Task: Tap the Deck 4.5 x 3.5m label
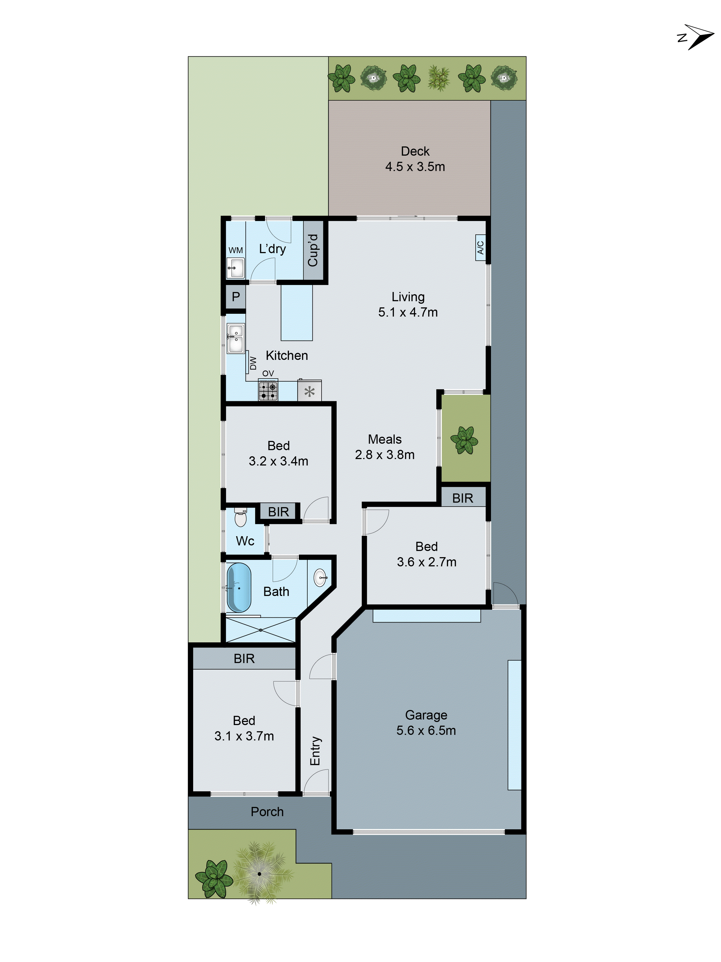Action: pos(415,159)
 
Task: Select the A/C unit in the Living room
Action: pos(480,247)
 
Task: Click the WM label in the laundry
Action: pos(236,250)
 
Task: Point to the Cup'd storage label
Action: pos(313,250)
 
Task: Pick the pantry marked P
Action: pos(236,297)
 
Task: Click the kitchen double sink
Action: pos(236,339)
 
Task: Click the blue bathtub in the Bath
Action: pos(239,587)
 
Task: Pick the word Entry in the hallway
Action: pos(315,751)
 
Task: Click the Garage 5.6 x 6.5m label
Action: pos(426,723)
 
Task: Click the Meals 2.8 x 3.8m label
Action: pos(385,447)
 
